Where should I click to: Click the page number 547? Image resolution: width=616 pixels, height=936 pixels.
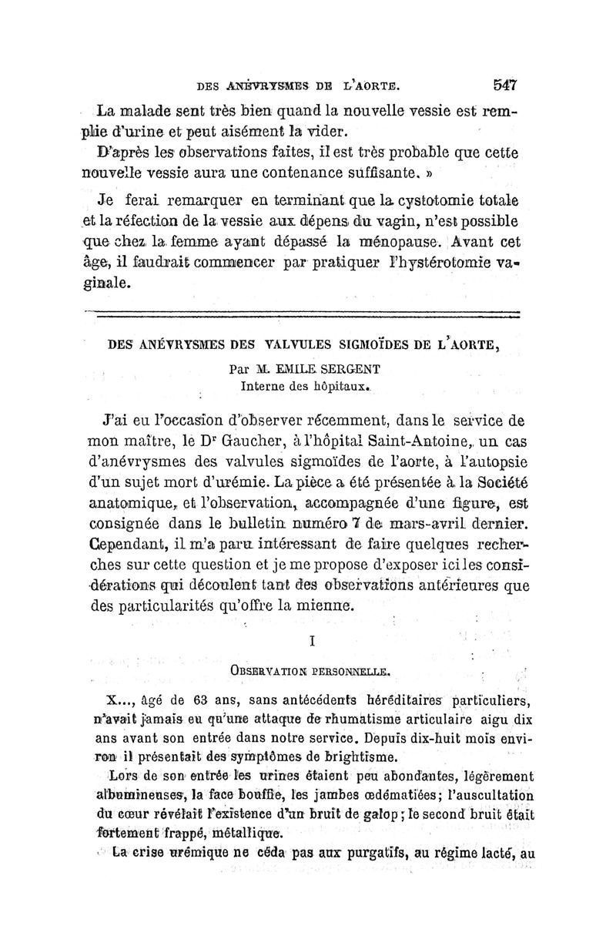tap(500, 85)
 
